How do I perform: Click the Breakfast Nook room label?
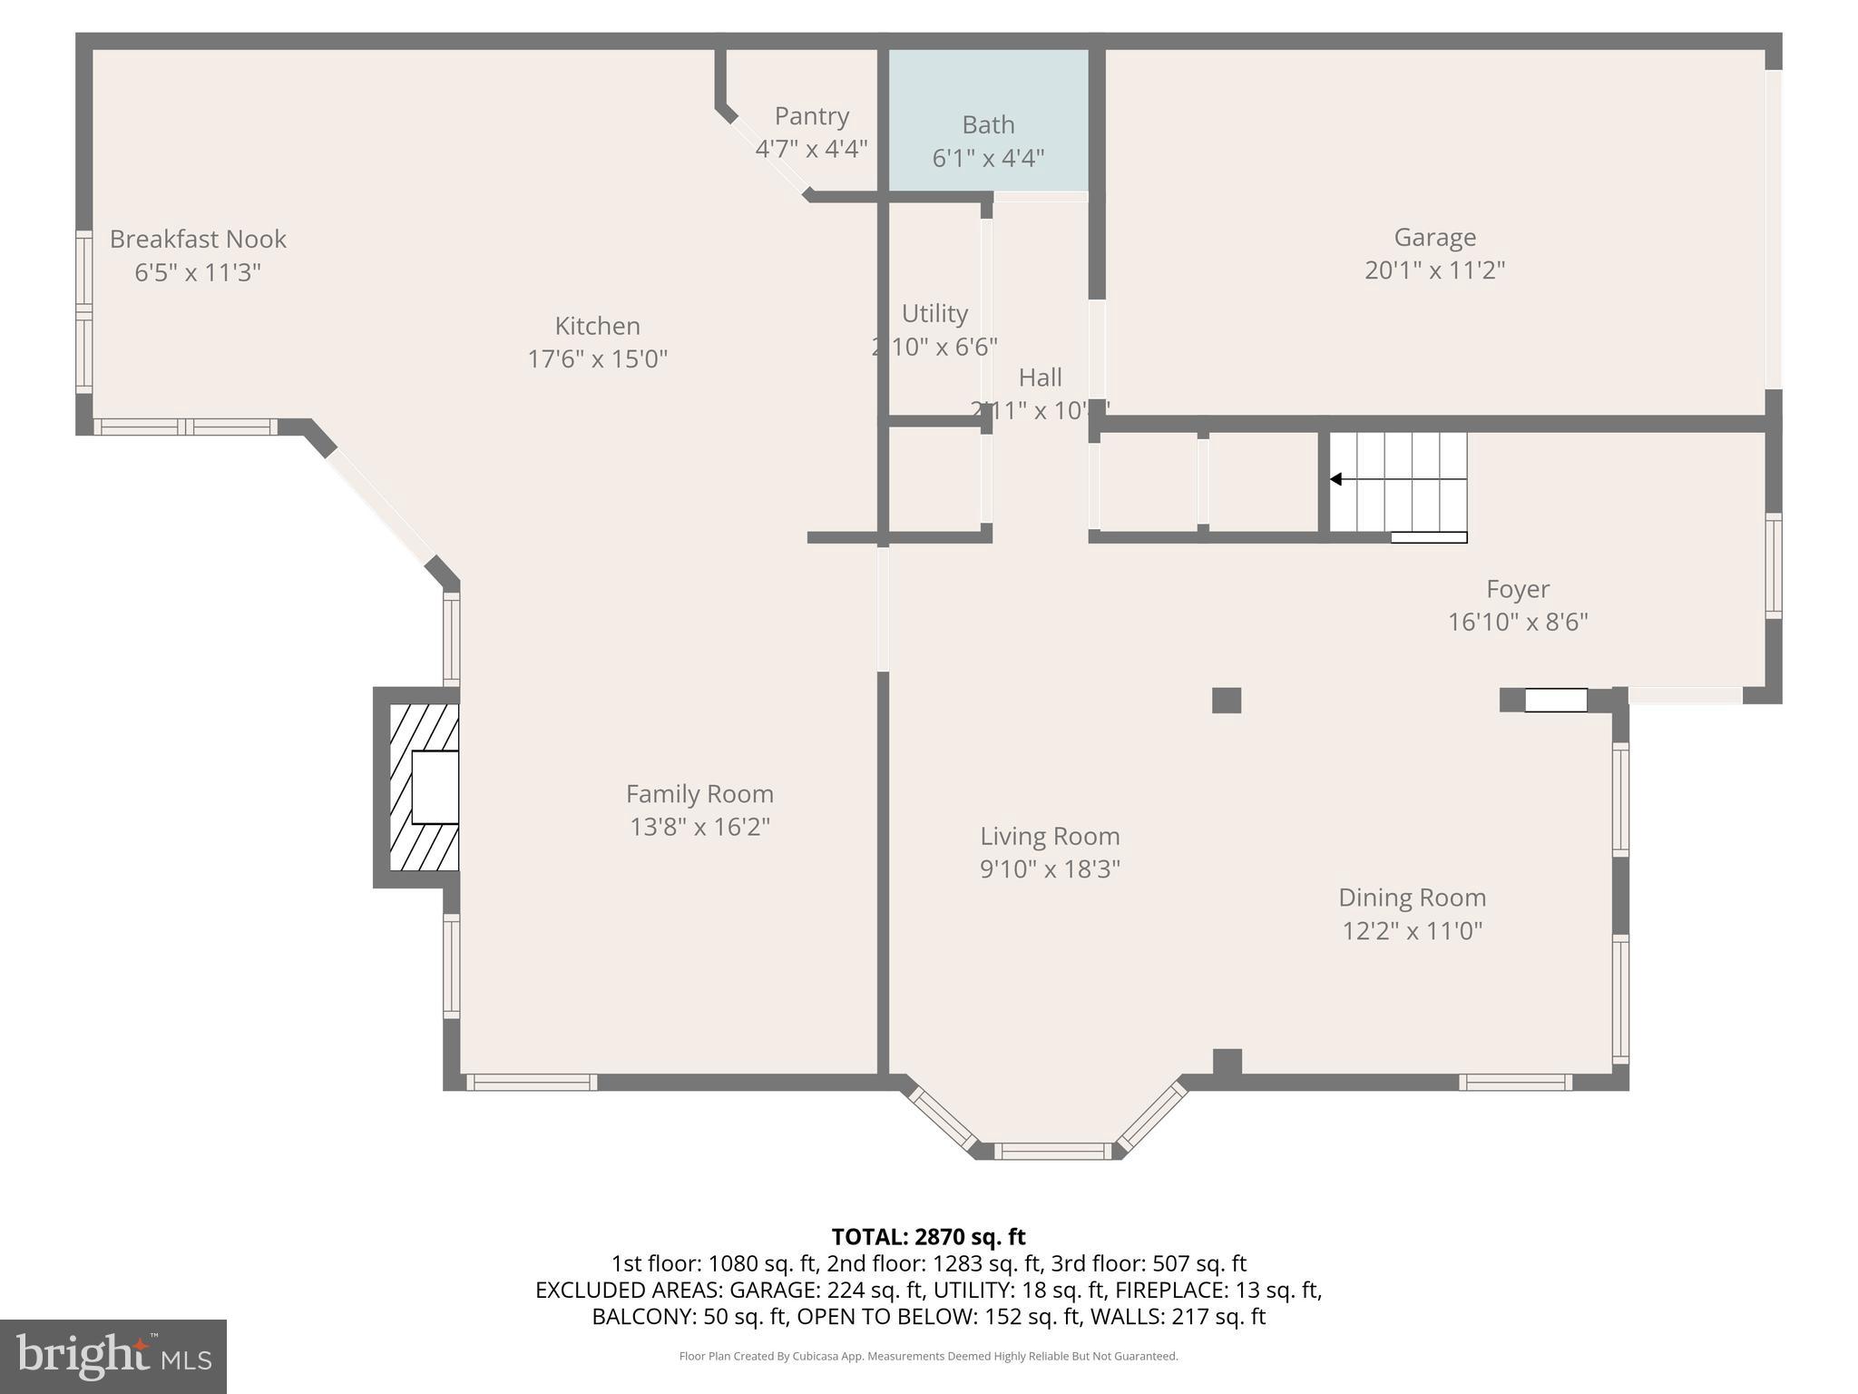click(198, 240)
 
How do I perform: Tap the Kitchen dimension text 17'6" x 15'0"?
click(597, 359)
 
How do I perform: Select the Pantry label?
click(811, 116)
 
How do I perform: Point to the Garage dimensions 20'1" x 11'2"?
click(1434, 270)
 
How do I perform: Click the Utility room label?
click(934, 313)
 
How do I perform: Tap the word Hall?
click(1040, 378)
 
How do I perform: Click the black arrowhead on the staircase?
click(1335, 479)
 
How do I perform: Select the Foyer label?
click(1517, 590)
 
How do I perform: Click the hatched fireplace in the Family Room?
click(424, 787)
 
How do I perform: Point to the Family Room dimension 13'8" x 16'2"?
click(699, 828)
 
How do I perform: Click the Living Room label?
click(1050, 836)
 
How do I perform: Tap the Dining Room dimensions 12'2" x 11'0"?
click(1412, 931)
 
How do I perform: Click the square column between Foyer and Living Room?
click(1226, 701)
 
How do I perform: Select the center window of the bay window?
click(1052, 1151)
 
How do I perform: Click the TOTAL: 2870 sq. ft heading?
click(928, 1237)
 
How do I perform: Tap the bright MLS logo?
click(113, 1356)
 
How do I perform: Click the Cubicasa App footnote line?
click(928, 1357)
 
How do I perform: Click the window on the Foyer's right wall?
click(1773, 566)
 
